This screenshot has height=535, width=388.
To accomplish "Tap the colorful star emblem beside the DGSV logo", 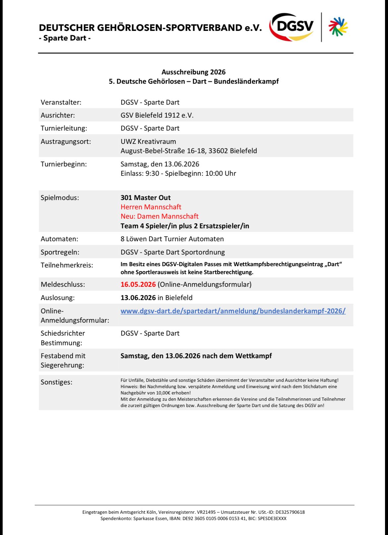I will (338, 27).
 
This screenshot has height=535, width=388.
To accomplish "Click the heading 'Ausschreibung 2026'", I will (193, 72).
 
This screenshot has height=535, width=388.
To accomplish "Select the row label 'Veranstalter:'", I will (61, 102).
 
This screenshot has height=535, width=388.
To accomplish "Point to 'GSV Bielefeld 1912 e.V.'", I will (157, 115).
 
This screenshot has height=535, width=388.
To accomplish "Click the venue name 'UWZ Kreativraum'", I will (148, 142).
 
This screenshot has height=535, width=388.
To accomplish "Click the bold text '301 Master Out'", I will (146, 198).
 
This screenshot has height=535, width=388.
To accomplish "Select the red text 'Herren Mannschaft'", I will (151, 207).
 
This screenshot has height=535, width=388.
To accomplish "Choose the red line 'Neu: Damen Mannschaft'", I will (160, 216).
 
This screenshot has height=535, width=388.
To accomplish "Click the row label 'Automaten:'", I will (59, 239).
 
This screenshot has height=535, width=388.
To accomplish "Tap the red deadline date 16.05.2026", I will (138, 284).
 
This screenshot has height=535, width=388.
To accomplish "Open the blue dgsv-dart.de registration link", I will (233, 311).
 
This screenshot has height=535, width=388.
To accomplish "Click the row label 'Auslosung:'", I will (58, 298).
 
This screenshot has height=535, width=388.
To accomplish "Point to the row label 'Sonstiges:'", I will (56, 382).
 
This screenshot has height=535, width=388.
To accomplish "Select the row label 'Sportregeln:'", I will (60, 252).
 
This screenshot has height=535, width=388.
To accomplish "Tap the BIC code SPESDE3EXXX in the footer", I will (272, 518).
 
